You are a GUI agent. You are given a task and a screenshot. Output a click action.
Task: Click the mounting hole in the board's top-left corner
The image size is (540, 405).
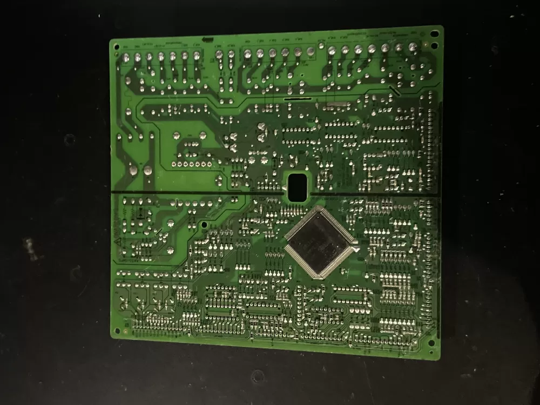point(116,48)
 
